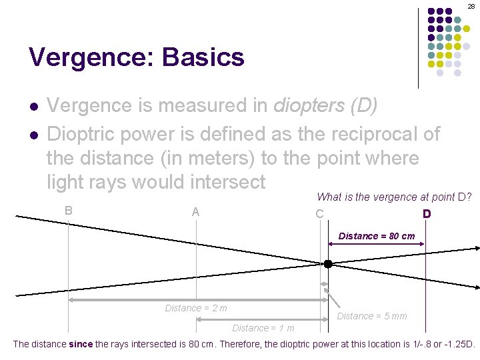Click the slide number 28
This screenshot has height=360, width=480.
pos(471,5)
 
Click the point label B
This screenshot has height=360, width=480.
pos(69,210)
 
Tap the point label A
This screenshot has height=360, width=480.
pos(195,212)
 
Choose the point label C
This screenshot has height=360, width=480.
pos(320,214)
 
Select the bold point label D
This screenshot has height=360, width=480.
pos(426,214)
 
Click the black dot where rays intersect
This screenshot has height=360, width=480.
pos(328,264)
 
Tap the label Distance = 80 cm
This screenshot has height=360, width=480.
pos(376,236)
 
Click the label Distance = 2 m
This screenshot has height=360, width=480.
pos(196,308)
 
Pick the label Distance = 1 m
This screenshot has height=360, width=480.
pos(263,328)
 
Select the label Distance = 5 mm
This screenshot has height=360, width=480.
pos(371,316)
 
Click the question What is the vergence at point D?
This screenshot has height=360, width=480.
pos(395,197)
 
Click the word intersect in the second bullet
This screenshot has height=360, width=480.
pos(227,181)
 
